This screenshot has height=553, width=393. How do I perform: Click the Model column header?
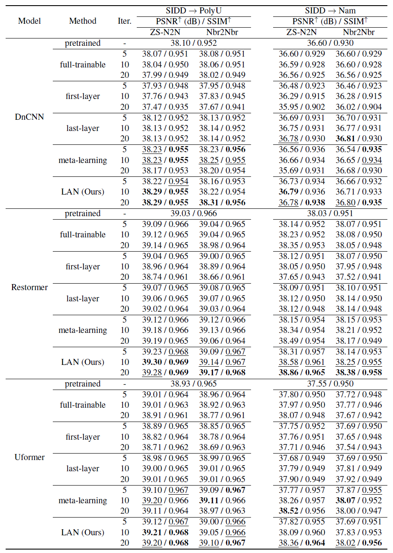(29, 21)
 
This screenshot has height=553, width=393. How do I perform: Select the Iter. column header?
(125, 21)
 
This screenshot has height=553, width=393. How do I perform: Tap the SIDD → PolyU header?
(193, 10)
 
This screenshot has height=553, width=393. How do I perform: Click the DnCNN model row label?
(29, 117)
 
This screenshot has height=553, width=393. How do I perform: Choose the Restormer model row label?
(29, 288)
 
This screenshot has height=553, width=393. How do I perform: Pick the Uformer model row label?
(29, 457)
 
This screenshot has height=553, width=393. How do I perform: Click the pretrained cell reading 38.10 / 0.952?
(193, 43)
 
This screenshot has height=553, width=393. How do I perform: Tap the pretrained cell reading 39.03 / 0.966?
(193, 214)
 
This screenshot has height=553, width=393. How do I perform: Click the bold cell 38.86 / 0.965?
(302, 372)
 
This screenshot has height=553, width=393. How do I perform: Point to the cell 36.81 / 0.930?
(359, 138)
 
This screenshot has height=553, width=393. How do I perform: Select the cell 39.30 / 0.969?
(165, 362)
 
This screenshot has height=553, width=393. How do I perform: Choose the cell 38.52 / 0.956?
(302, 511)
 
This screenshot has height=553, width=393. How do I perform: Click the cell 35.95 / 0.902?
(302, 107)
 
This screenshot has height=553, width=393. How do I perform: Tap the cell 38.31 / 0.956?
(222, 202)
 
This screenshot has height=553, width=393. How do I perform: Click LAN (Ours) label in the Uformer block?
(83, 532)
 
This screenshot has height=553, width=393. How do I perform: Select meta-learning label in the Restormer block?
(83, 330)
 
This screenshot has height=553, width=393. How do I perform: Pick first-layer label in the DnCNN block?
(83, 96)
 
